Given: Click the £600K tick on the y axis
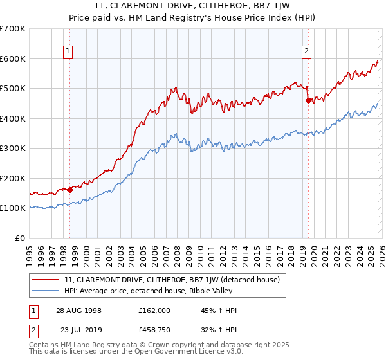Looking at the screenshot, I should pos(12,59).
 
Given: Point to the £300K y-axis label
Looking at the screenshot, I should pos(12,148).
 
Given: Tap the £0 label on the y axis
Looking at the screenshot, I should pos(20,238).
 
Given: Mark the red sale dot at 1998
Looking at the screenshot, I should pos(70,190).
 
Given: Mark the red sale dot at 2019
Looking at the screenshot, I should pos(308,100).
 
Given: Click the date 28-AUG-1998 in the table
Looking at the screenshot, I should pos(78,310).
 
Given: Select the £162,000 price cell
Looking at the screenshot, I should pos(154,310).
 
